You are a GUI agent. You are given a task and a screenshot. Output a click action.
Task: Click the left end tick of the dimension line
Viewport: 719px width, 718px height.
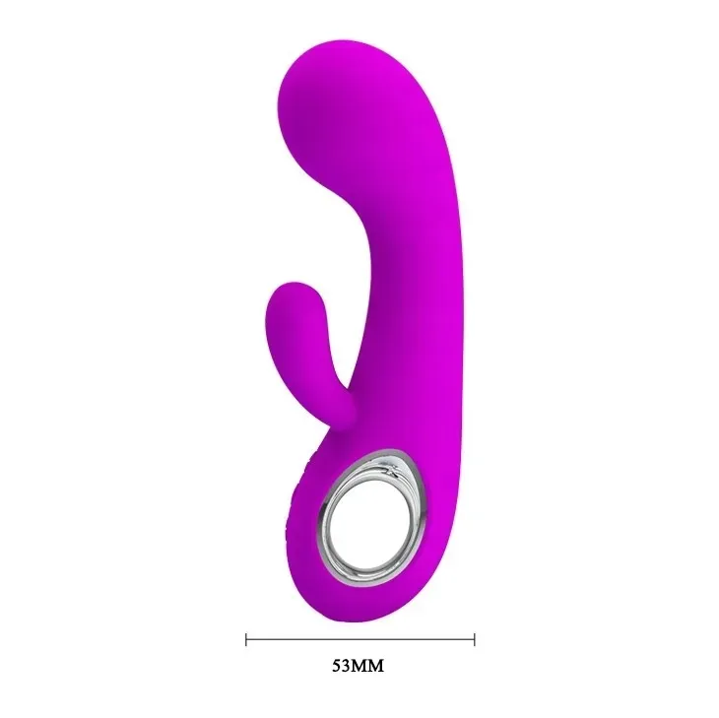tap(245, 639)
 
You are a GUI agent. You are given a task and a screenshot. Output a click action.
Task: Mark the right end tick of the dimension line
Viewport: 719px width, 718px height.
tap(474, 639)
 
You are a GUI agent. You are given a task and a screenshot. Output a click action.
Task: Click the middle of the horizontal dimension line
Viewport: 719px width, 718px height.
tap(359, 639)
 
